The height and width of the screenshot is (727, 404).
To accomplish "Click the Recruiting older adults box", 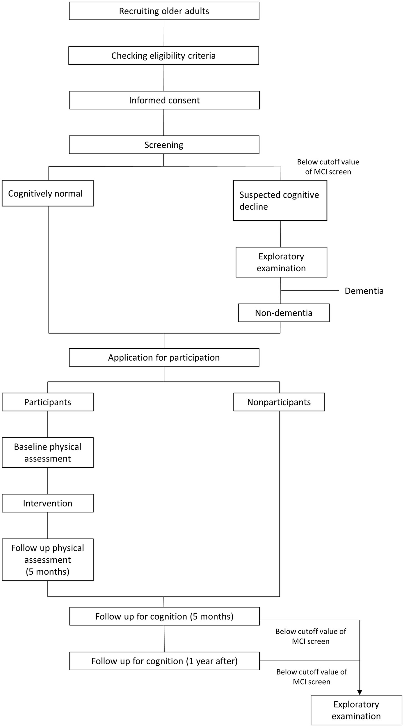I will pos(164,11).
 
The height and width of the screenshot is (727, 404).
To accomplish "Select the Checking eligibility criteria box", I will pos(163,56).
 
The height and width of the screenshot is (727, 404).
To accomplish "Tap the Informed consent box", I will pos(164,100).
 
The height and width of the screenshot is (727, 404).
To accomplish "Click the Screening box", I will pos(164,145).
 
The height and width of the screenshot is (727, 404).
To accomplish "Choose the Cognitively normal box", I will pos(47,193).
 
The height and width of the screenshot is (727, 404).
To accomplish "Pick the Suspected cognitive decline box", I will pos(280,200).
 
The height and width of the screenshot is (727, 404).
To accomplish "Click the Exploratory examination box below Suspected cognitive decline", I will pos(281,262).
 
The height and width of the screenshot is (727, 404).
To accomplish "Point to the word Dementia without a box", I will pos(364,291).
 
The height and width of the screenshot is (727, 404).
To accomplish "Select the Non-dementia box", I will pos(284,313).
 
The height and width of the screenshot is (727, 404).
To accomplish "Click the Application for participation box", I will pos(164,357).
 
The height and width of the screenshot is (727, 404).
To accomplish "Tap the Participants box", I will pos(48,402).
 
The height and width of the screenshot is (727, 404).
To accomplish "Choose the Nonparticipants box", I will pos(279,402).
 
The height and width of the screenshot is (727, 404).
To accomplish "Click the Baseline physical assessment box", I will pos(48,452).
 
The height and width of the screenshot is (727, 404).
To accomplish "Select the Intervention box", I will pos(48,503).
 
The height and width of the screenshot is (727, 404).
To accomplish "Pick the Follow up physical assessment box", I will pos(48,559).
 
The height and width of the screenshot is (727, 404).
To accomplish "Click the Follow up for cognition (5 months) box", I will pos(164,616).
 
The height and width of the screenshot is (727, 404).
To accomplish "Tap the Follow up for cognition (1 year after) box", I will pos(164,661).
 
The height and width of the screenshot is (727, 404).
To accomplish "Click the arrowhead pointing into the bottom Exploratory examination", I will pos(359,692).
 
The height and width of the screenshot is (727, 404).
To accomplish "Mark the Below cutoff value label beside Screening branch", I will pos(328,167).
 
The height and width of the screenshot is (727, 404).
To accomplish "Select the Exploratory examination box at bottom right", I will pos(356,710).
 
